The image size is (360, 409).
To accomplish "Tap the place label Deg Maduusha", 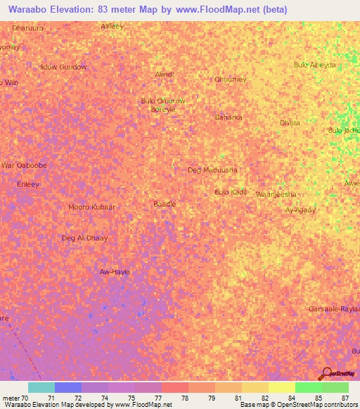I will (212, 170).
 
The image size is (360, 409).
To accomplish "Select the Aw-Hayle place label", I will (115, 272).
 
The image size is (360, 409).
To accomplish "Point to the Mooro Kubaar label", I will (91, 207).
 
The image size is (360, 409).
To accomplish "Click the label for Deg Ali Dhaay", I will (85, 238).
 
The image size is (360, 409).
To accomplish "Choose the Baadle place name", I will (165, 204).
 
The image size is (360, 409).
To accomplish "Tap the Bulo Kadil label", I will (230, 192).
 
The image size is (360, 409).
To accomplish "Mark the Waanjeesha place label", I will (276, 194).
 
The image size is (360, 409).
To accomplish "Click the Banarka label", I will (229, 117).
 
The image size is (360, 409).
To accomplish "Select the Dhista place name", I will (290, 123).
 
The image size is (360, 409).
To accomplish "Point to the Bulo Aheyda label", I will (314, 65).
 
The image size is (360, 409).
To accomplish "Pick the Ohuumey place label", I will (231, 79).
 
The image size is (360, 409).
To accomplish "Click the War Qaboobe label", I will (25, 165).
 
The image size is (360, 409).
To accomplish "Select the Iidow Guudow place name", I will (63, 67).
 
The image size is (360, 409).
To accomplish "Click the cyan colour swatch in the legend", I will (41, 387).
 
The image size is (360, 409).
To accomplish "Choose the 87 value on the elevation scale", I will (345, 398).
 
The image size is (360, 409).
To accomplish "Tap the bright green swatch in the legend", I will (308, 387).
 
